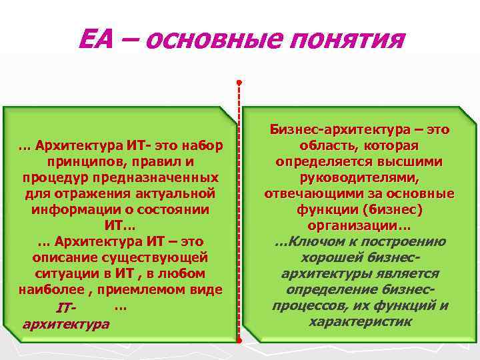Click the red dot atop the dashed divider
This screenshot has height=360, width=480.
(x=239, y=83)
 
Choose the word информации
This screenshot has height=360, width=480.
(x=75, y=209)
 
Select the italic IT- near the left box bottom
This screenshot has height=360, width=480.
(x=67, y=309)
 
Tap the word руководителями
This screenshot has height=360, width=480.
(x=359, y=177)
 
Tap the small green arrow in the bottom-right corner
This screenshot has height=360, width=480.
(x=470, y=352)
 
